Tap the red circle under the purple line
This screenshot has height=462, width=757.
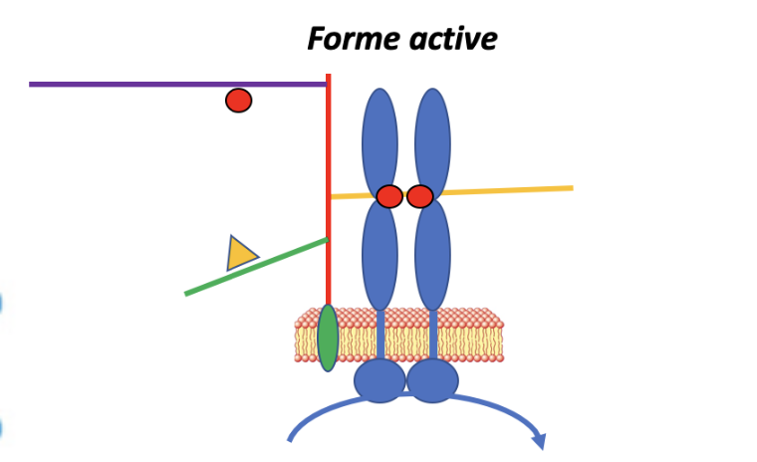click(x=238, y=101)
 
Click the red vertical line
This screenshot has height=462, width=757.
click(x=328, y=149)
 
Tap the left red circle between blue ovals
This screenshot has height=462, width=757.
click(x=389, y=196)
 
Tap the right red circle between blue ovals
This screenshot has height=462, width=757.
click(x=420, y=196)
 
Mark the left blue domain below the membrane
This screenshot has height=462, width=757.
click(x=379, y=380)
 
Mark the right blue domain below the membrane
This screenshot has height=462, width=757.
click(x=432, y=380)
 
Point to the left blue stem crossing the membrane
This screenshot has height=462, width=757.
click(x=379, y=335)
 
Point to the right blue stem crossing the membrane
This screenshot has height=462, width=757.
click(x=433, y=335)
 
